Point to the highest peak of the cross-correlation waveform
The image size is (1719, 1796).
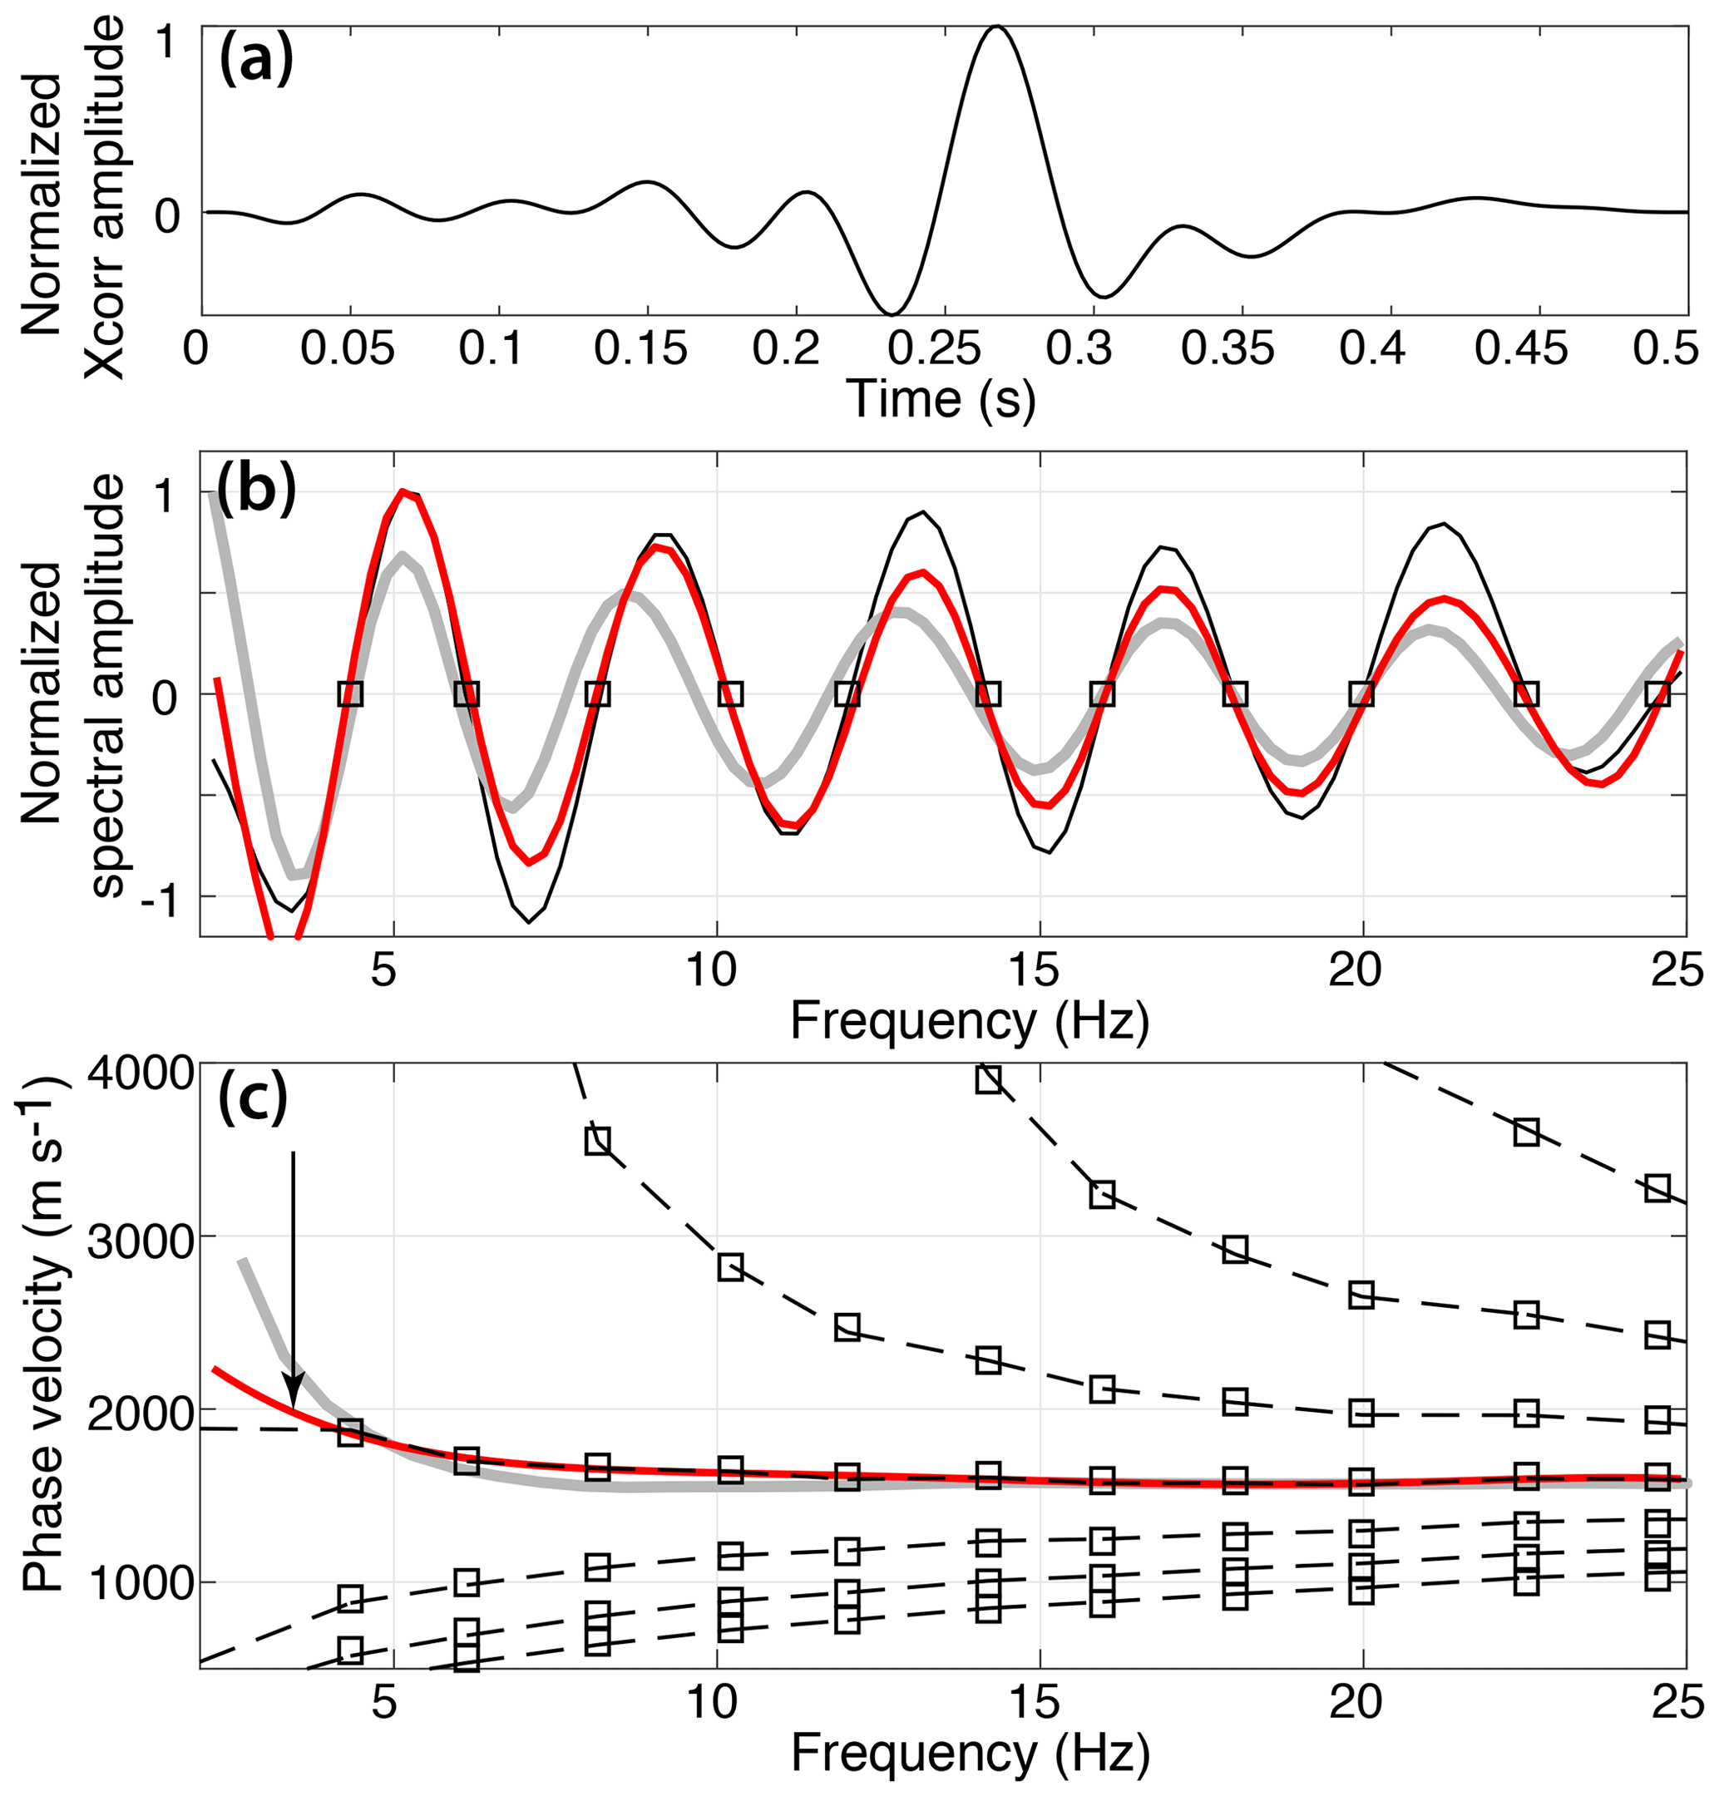click(x=997, y=27)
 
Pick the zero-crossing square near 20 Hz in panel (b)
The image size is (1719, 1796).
click(x=1363, y=693)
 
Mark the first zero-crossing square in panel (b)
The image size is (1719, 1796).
click(x=350, y=693)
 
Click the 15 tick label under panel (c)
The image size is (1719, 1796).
click(x=1038, y=1712)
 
